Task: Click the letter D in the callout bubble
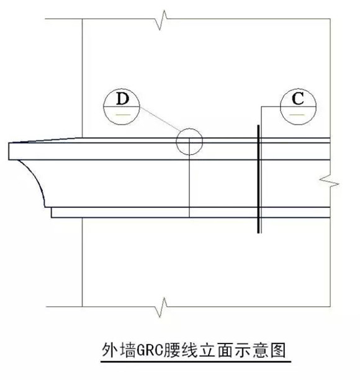coord(123,99)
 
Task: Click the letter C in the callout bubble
coord(298,99)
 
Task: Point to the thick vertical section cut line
coord(259,179)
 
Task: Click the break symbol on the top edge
coord(162,20)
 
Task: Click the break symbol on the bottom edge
coord(162,307)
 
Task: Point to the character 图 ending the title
coord(278,350)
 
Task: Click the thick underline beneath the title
coord(196,361)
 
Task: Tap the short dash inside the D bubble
coord(123,115)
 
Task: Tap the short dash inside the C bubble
coord(297,115)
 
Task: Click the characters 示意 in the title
coord(251,350)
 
